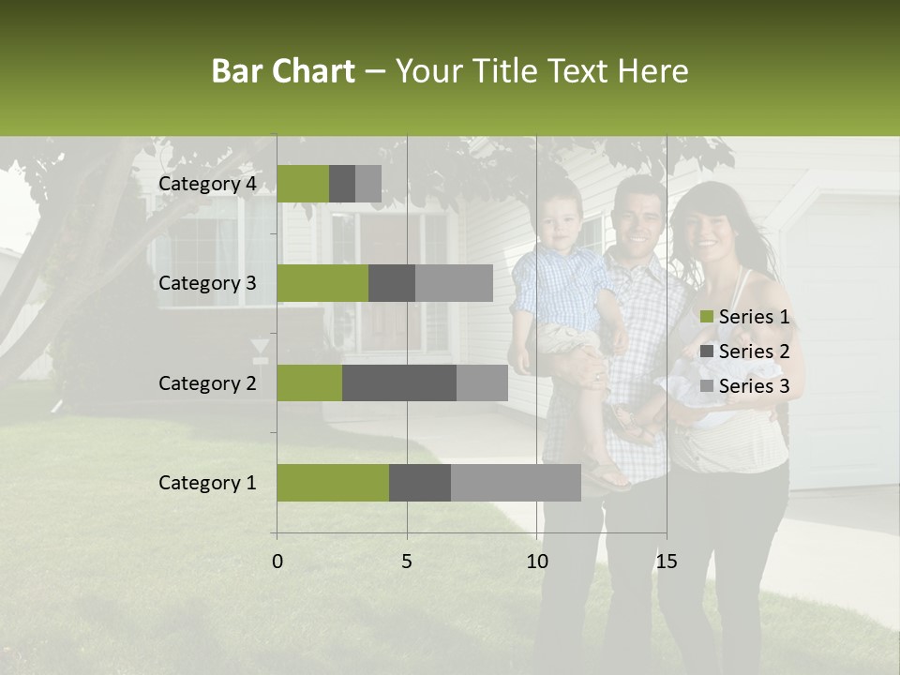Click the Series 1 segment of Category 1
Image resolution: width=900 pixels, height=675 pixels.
333,483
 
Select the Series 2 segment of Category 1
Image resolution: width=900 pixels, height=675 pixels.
420,483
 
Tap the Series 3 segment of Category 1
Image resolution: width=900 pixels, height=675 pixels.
516,483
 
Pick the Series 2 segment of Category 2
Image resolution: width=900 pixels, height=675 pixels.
399,382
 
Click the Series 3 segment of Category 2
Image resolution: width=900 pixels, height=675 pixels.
482,382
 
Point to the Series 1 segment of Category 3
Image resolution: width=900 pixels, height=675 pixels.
322,283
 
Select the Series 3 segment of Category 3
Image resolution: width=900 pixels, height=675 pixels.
454,283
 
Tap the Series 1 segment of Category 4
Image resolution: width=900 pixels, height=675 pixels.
303,184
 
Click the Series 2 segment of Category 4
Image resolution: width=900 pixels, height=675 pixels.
342,184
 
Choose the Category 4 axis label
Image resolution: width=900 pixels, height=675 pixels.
207,184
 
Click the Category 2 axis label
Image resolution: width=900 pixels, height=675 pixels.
207,382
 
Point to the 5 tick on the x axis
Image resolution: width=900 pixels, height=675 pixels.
407,562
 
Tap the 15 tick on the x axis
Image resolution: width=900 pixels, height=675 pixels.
667,562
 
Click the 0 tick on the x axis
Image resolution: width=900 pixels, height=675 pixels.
277,562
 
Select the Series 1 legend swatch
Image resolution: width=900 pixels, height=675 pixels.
707,317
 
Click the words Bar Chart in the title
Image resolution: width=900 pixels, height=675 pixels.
283,70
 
